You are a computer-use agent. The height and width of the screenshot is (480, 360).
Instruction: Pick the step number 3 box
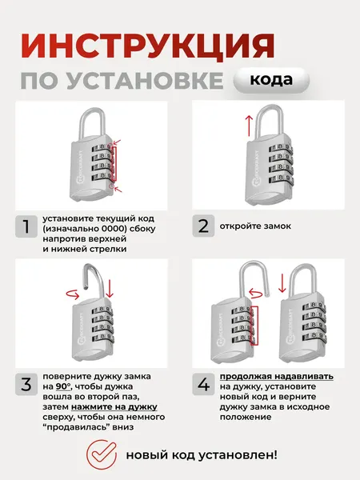tap(29, 384)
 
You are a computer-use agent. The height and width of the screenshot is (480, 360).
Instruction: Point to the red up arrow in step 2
tap(249, 124)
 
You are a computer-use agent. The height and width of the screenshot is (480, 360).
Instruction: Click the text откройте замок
tap(258, 226)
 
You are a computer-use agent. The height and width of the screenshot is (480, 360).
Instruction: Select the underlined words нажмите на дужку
tap(121, 406)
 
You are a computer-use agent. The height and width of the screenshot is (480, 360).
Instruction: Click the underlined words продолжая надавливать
tap(277, 376)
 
